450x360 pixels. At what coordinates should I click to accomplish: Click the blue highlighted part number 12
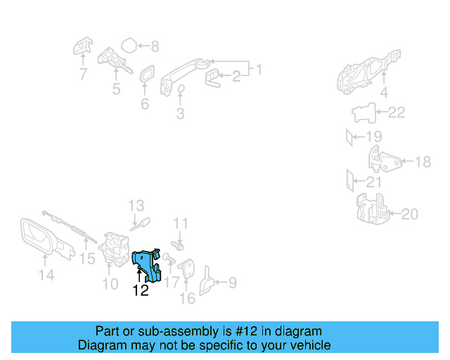[x=149, y=264]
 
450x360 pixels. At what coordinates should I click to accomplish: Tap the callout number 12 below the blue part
[x=141, y=290]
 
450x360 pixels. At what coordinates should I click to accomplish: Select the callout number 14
[x=46, y=276]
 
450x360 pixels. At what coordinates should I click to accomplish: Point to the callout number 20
[x=409, y=213]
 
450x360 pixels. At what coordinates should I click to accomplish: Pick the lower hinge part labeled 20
[x=370, y=209]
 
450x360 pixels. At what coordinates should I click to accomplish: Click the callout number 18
[x=423, y=162]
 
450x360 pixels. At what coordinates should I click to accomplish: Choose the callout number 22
[x=397, y=112]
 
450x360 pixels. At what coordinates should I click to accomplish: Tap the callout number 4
[x=384, y=92]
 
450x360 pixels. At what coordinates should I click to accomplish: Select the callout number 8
[x=155, y=47]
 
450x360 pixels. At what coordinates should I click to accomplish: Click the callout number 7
[x=83, y=73]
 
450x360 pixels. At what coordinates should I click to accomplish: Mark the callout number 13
[x=136, y=205]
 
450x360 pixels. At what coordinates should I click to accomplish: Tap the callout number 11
[x=181, y=224]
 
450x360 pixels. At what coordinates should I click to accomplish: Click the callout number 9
[x=231, y=283]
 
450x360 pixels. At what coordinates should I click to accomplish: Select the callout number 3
[x=180, y=112]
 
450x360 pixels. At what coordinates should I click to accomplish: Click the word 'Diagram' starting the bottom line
[x=98, y=345]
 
